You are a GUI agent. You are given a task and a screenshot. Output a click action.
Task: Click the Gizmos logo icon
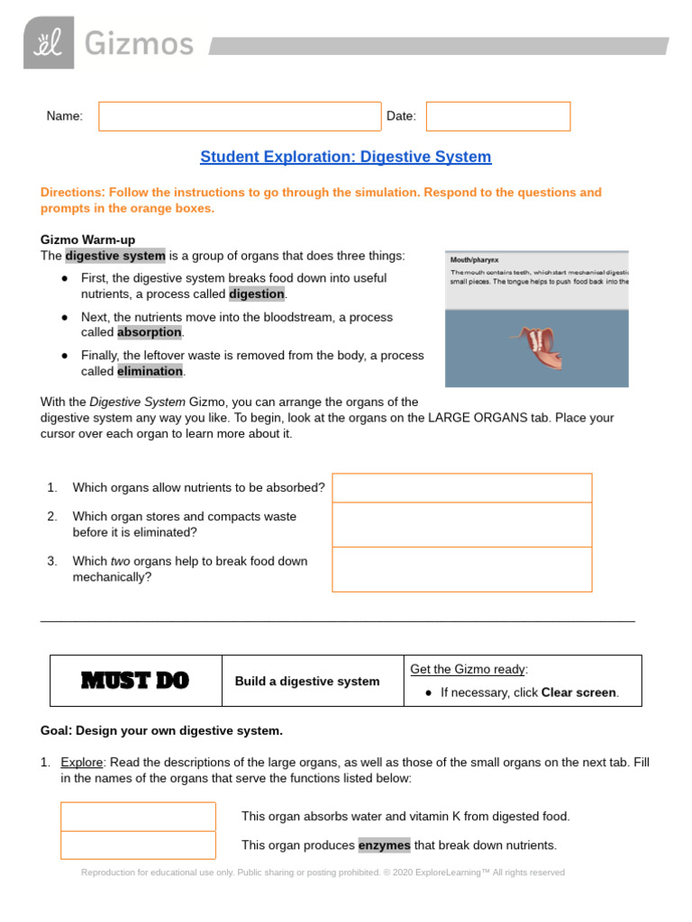49,42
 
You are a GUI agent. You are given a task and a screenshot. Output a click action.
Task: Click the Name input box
240,116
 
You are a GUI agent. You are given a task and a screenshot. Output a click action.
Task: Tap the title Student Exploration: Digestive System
346,157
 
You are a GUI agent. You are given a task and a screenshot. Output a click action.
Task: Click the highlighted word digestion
257,294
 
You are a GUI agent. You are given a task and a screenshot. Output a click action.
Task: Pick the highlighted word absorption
150,332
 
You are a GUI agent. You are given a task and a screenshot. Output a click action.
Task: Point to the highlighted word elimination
150,371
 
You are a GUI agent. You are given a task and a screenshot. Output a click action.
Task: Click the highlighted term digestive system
115,256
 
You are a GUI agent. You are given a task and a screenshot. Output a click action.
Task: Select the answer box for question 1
461,488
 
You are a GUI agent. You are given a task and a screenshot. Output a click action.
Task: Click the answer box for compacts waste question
461,525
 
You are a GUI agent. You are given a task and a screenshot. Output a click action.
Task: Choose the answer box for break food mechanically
461,569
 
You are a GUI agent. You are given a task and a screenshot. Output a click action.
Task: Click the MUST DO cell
135,682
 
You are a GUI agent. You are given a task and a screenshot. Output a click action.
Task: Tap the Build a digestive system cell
307,682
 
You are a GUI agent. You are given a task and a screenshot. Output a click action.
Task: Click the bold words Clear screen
578,692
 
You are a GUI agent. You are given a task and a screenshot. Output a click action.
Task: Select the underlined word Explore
82,762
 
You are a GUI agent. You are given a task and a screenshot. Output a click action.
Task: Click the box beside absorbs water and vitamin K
138,817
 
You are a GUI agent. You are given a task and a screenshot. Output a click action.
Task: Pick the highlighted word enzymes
384,845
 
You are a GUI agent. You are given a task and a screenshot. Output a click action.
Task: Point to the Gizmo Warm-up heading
87,240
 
